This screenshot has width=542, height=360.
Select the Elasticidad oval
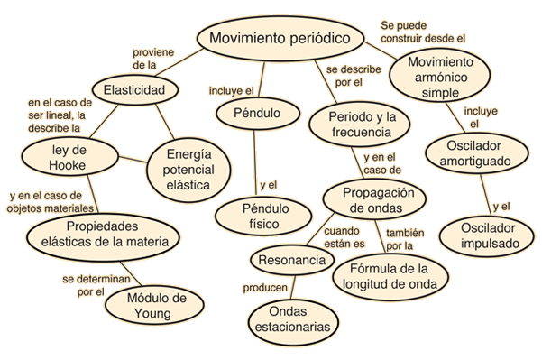click(133, 91)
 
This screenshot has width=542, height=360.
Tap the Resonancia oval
click(291, 260)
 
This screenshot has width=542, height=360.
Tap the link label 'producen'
click(265, 288)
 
